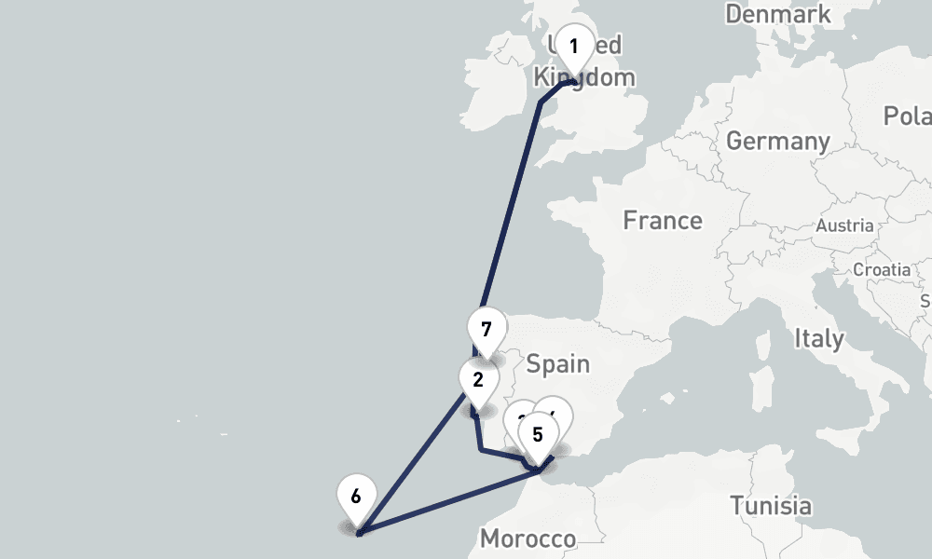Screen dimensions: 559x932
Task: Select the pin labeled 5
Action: tap(538, 434)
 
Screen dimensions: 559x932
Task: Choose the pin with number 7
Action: tap(486, 330)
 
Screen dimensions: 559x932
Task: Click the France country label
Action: tap(663, 221)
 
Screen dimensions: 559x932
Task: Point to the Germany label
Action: tap(778, 142)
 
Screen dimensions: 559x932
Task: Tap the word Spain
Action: tap(557, 363)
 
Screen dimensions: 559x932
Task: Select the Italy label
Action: tap(819, 338)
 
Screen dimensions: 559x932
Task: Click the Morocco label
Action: tap(528, 539)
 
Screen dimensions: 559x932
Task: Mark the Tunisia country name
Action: tap(770, 506)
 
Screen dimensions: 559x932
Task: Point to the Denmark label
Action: tap(778, 15)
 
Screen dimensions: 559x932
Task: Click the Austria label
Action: tap(844, 225)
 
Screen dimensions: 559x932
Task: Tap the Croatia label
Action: tap(882, 269)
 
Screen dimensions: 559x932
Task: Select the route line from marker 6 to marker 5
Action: tap(447, 504)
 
